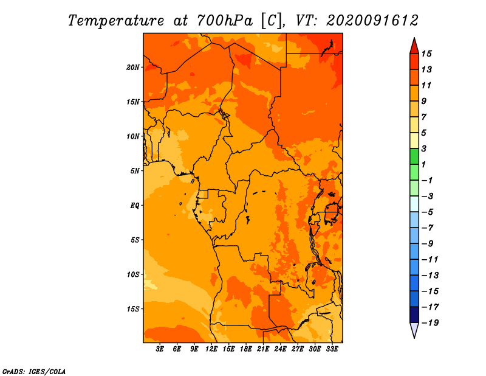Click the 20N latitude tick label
point(132,68)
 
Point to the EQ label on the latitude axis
point(134,206)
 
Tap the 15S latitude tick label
point(133,309)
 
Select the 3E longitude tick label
point(160,349)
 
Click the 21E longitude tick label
point(263,349)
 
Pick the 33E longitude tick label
point(332,349)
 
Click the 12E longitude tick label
point(211,349)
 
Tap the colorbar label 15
point(426,54)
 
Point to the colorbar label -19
point(430,323)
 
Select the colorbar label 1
point(423,164)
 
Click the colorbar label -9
point(428,244)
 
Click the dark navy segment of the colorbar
point(414,315)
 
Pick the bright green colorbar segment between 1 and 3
point(414,156)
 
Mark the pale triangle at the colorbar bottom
point(414,330)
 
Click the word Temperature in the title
point(116,21)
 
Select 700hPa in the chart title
point(225,21)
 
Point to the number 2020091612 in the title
point(372,21)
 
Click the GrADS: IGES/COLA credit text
point(34,372)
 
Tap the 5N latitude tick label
point(134,171)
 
